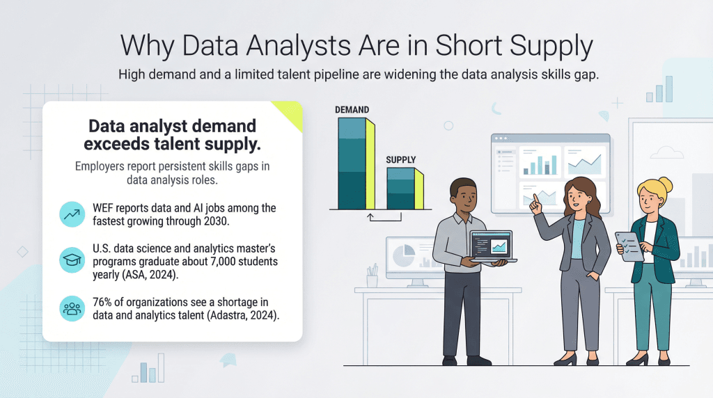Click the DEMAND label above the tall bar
[x=352, y=110]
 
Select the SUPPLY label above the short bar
[x=400, y=160]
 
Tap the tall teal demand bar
[x=352, y=164]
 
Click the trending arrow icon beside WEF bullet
[x=71, y=214]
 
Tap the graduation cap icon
[x=71, y=259]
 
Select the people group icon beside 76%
[x=71, y=308]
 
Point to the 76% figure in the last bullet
[x=104, y=302]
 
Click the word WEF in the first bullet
[x=104, y=208]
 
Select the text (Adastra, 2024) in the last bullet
[x=240, y=315]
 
